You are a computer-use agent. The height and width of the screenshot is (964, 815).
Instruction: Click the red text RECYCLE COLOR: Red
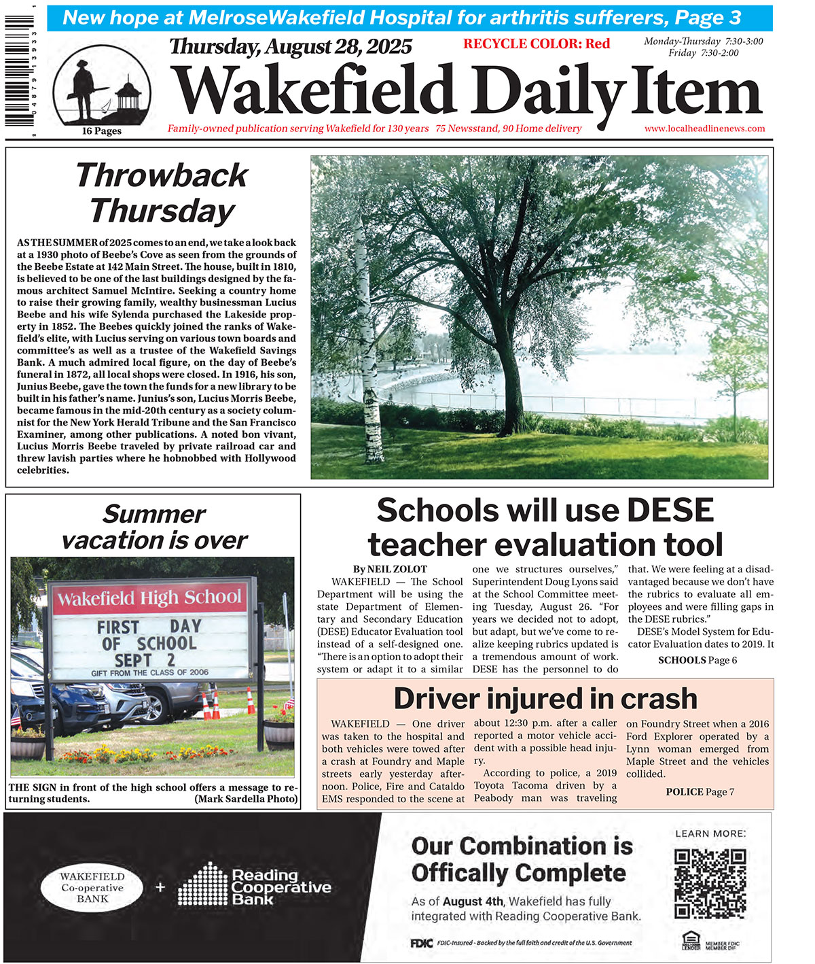pos(537,44)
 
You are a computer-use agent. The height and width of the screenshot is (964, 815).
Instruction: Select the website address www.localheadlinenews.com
pos(704,128)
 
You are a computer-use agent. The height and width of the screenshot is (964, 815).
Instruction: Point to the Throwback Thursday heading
pos(162,192)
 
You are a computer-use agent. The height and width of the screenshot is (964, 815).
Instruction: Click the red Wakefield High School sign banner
pos(149,599)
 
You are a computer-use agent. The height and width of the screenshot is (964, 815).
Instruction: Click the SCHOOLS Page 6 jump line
pos(698,660)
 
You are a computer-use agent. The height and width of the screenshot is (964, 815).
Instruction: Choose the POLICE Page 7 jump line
pos(700,792)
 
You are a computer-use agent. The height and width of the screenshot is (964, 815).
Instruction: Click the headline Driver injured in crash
pos(545,699)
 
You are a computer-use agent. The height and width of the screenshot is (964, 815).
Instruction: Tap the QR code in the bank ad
pos(710,883)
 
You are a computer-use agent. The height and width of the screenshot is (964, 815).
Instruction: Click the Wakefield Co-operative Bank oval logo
pos(92,888)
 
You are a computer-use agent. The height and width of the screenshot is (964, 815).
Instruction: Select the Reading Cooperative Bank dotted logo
pos(203,884)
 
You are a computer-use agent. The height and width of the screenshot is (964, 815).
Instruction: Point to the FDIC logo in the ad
pos(421,943)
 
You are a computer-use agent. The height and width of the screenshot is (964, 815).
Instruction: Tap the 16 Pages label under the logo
pos(102,131)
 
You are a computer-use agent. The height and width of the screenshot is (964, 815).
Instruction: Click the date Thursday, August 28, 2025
pos(291,47)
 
